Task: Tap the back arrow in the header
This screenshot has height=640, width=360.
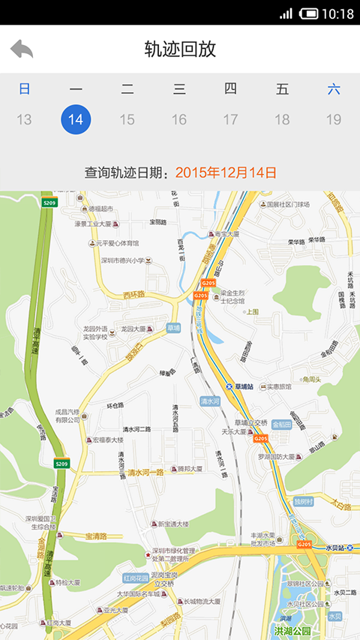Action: (x=22, y=50)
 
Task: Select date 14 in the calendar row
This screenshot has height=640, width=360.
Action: (x=76, y=119)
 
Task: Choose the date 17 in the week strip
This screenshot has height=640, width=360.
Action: (x=230, y=119)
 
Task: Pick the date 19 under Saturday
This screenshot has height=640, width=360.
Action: (x=334, y=119)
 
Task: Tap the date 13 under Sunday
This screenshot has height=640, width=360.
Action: (x=24, y=119)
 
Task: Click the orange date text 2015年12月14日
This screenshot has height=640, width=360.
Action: (x=226, y=173)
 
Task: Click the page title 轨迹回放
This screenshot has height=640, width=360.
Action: (x=180, y=50)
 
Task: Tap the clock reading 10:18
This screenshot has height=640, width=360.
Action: (x=337, y=14)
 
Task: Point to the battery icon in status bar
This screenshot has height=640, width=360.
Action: (x=308, y=14)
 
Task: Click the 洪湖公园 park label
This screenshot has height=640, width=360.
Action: (x=293, y=630)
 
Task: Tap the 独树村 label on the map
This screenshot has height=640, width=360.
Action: (x=303, y=501)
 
